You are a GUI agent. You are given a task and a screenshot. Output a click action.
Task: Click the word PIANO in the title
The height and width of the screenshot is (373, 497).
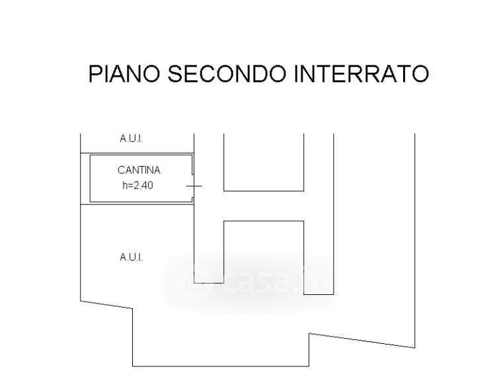124,73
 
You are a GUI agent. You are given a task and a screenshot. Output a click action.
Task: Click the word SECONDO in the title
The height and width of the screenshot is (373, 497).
227,73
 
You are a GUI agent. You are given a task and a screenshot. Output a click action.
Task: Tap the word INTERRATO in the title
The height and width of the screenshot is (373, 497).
362,73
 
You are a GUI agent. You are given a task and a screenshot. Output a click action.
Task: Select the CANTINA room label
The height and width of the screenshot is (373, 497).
139,171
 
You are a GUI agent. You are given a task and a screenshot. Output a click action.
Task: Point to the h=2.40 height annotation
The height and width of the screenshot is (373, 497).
138,185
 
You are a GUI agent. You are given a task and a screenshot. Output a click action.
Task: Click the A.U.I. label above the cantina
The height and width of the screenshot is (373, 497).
132,139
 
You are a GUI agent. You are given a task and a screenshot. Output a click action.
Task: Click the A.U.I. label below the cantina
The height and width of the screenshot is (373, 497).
132,257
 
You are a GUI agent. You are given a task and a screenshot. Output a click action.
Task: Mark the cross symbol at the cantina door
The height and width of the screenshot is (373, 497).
194,186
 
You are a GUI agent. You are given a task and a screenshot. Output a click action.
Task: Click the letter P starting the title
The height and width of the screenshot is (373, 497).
95,73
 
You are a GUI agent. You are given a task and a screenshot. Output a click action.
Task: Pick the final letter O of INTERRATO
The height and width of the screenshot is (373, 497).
420,73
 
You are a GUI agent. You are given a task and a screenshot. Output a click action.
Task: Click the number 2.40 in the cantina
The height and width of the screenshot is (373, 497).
143,185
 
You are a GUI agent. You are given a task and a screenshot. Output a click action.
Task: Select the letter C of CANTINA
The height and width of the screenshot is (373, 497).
121,171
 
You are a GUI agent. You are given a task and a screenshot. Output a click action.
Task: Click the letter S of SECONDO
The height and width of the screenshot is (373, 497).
175,73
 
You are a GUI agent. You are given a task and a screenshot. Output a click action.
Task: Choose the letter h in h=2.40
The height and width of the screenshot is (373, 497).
124,185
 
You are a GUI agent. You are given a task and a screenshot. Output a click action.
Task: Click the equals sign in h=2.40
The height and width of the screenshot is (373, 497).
130,186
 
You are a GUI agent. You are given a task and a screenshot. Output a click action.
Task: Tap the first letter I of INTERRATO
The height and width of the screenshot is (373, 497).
297,73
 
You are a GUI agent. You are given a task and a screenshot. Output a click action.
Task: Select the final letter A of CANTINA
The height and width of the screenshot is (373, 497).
157,171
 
